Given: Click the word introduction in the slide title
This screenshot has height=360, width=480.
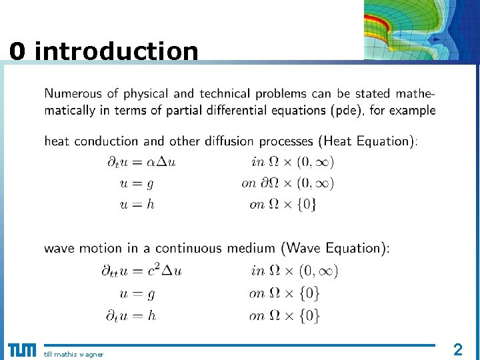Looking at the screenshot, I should [116, 51].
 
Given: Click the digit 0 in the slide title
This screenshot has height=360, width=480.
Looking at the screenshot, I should [18, 51].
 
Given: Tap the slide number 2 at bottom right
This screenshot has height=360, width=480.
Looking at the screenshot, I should [457, 349].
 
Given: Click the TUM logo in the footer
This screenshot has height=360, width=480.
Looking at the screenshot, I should [21, 350].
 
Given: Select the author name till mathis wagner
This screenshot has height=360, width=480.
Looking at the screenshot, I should [73, 354].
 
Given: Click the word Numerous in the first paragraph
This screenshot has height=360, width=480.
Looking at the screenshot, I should [73, 94].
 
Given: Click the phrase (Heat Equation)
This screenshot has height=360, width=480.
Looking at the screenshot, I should [367, 141].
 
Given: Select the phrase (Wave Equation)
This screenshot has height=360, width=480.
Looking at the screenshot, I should [335, 248].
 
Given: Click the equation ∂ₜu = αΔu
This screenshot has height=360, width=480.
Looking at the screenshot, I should [141, 161].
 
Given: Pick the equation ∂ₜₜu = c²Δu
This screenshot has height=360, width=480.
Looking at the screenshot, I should [141, 270].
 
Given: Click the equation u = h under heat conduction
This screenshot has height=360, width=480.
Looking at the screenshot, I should [137, 205].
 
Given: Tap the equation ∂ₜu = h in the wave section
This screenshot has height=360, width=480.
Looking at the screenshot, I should [131, 315].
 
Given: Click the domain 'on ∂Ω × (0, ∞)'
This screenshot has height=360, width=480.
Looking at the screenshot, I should [287, 183].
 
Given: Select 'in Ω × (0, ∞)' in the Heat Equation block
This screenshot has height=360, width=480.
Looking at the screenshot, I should [293, 161].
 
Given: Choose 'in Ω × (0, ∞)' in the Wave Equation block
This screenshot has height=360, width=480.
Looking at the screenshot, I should [295, 270].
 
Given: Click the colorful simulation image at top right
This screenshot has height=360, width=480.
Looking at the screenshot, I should [421, 29].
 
